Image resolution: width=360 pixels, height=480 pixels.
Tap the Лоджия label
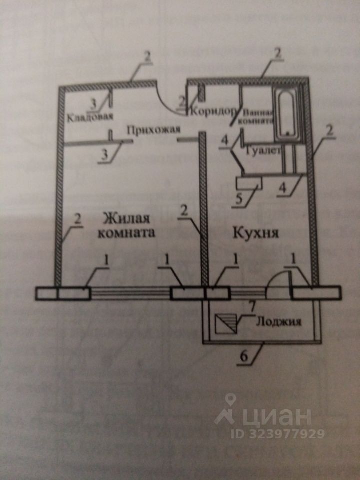[279, 322]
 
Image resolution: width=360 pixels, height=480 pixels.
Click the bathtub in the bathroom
[286, 113]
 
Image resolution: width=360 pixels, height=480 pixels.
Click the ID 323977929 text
[270, 433]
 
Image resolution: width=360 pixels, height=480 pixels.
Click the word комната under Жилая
[126, 233]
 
